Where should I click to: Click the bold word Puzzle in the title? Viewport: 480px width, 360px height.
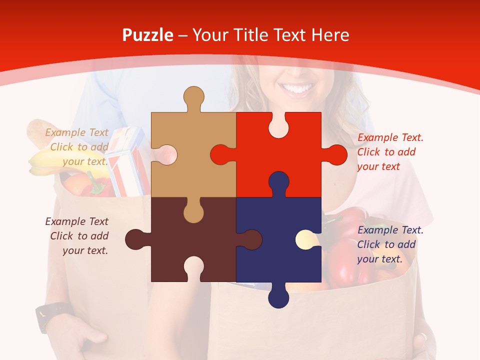pos(148,35)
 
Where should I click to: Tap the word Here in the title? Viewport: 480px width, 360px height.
pos(330,35)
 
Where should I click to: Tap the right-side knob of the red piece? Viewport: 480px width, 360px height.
pos(335,155)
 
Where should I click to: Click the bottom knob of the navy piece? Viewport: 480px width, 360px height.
pos(278,296)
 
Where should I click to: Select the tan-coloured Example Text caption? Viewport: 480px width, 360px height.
pos(77,147)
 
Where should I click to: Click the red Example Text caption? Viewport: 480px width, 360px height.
pos(390,152)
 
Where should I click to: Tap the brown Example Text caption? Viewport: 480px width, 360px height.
pos(77,236)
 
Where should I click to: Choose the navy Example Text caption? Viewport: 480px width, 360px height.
pos(390,244)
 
